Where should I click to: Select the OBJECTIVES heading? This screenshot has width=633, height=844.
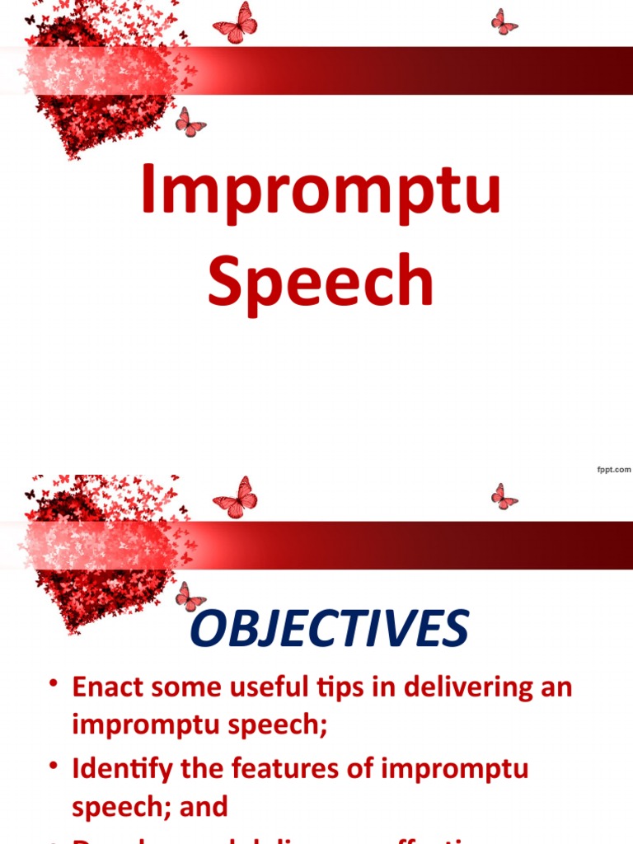tap(329, 630)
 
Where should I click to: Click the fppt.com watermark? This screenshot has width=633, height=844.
tap(613, 470)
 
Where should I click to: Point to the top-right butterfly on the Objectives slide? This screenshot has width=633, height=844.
tap(504, 496)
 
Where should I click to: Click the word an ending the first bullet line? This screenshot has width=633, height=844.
tap(553, 687)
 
